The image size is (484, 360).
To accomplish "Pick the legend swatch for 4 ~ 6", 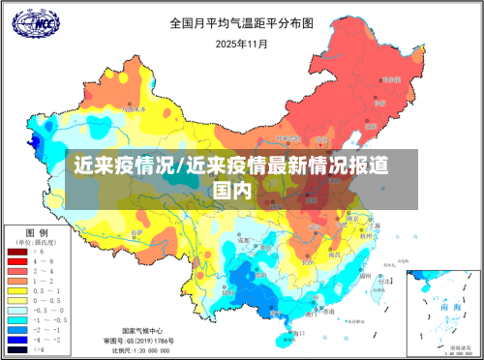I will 16,261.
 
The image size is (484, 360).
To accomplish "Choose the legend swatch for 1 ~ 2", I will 16,280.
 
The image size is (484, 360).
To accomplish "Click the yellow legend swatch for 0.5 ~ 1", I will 16,289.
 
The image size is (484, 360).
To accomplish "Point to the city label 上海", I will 375,226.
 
